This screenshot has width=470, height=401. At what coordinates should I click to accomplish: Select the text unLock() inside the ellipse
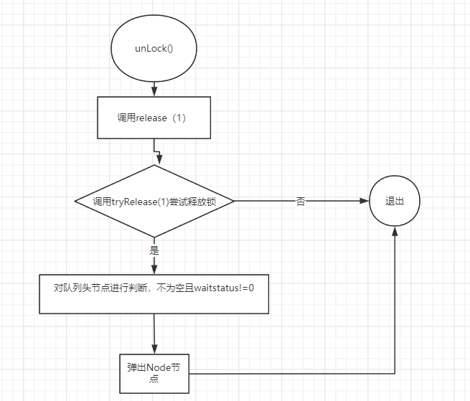(154, 49)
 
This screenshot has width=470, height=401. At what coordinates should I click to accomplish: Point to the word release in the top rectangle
(151, 118)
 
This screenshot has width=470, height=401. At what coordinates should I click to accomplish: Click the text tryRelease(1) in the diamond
(141, 202)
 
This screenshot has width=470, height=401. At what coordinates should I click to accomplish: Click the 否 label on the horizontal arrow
(301, 201)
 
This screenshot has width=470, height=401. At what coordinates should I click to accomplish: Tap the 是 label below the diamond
(154, 250)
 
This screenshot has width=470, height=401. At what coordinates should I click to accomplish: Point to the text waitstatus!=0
(224, 288)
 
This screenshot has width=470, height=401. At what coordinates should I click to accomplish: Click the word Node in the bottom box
(158, 367)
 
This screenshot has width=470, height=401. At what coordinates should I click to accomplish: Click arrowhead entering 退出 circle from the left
(365, 201)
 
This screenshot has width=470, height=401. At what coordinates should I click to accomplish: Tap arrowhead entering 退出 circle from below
(395, 231)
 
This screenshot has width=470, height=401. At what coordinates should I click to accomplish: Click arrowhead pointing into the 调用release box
(154, 92)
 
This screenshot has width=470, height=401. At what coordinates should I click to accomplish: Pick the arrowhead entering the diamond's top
(159, 160)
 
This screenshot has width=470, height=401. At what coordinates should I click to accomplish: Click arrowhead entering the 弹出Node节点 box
(154, 349)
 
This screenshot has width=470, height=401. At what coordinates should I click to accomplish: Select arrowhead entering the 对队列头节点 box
(154, 270)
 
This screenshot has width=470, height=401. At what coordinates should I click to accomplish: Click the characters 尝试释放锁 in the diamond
(193, 202)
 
